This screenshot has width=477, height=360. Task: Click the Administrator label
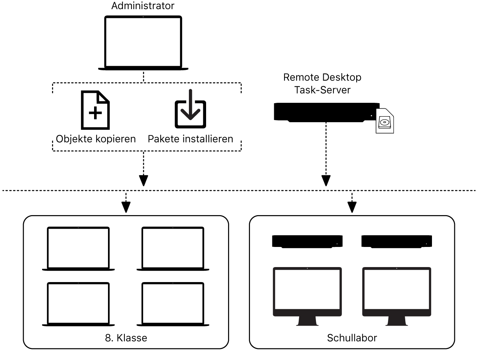143,6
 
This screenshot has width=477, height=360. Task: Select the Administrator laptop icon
143,42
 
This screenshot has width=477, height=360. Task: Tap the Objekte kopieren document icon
95,110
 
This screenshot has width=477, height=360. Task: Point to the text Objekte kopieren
96,139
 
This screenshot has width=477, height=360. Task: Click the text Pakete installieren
190,139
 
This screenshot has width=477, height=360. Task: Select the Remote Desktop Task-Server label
322,83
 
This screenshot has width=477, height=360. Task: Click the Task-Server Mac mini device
326,112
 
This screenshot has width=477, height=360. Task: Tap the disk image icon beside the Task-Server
385,121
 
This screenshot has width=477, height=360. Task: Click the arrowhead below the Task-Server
326,180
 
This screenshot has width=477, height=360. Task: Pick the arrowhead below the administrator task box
144,180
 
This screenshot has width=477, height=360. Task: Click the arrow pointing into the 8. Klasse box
126,207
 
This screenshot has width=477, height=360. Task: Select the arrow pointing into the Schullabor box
352,207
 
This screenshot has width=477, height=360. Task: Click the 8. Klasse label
126,338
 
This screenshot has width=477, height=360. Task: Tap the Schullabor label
352,338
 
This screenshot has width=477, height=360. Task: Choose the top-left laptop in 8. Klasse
78,248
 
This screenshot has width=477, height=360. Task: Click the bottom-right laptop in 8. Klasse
173,304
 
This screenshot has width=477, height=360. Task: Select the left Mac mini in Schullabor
307,241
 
